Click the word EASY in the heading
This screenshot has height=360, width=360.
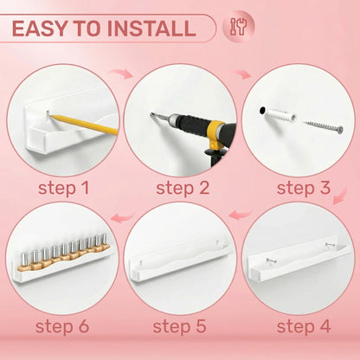pyautogui.click(x=39, y=29)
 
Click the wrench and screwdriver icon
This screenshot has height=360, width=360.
pyautogui.click(x=238, y=27)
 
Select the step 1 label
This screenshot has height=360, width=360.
pyautogui.click(x=64, y=188)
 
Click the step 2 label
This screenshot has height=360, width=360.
pyautogui.click(x=183, y=188)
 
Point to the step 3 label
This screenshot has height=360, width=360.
pyautogui.click(x=304, y=188)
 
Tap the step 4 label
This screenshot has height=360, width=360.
pyautogui.click(x=304, y=326)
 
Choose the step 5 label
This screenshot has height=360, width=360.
pyautogui.click(x=179, y=326)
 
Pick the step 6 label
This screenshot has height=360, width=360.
pyautogui.click(x=62, y=326)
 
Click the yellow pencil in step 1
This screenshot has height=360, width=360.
pyautogui.click(x=84, y=125)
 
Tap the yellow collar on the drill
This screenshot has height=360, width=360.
pyautogui.click(x=216, y=133)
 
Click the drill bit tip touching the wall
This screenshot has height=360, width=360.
pyautogui.click(x=151, y=114)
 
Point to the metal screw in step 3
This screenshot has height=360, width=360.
pyautogui.click(x=323, y=127)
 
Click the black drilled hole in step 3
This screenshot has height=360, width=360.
pyautogui.click(x=262, y=110)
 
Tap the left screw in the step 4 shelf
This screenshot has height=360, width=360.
pyautogui.click(x=271, y=260)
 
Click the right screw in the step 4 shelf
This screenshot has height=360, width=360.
pyautogui.click(x=330, y=245)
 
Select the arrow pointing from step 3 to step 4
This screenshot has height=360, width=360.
pyautogui.click(x=340, y=196)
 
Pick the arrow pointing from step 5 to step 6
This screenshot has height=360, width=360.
pyautogui.click(x=123, y=217)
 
